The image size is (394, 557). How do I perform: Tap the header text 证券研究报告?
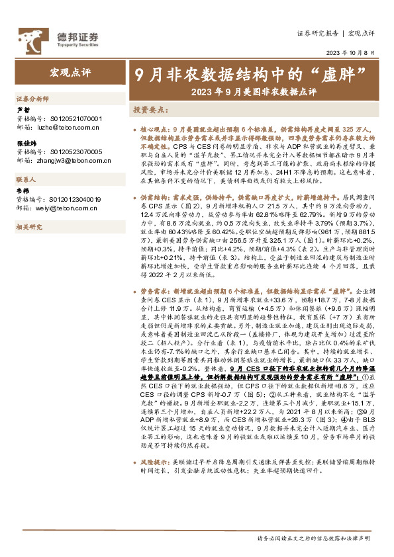click(317, 32)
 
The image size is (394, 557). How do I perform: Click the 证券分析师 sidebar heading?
click(32, 98)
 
